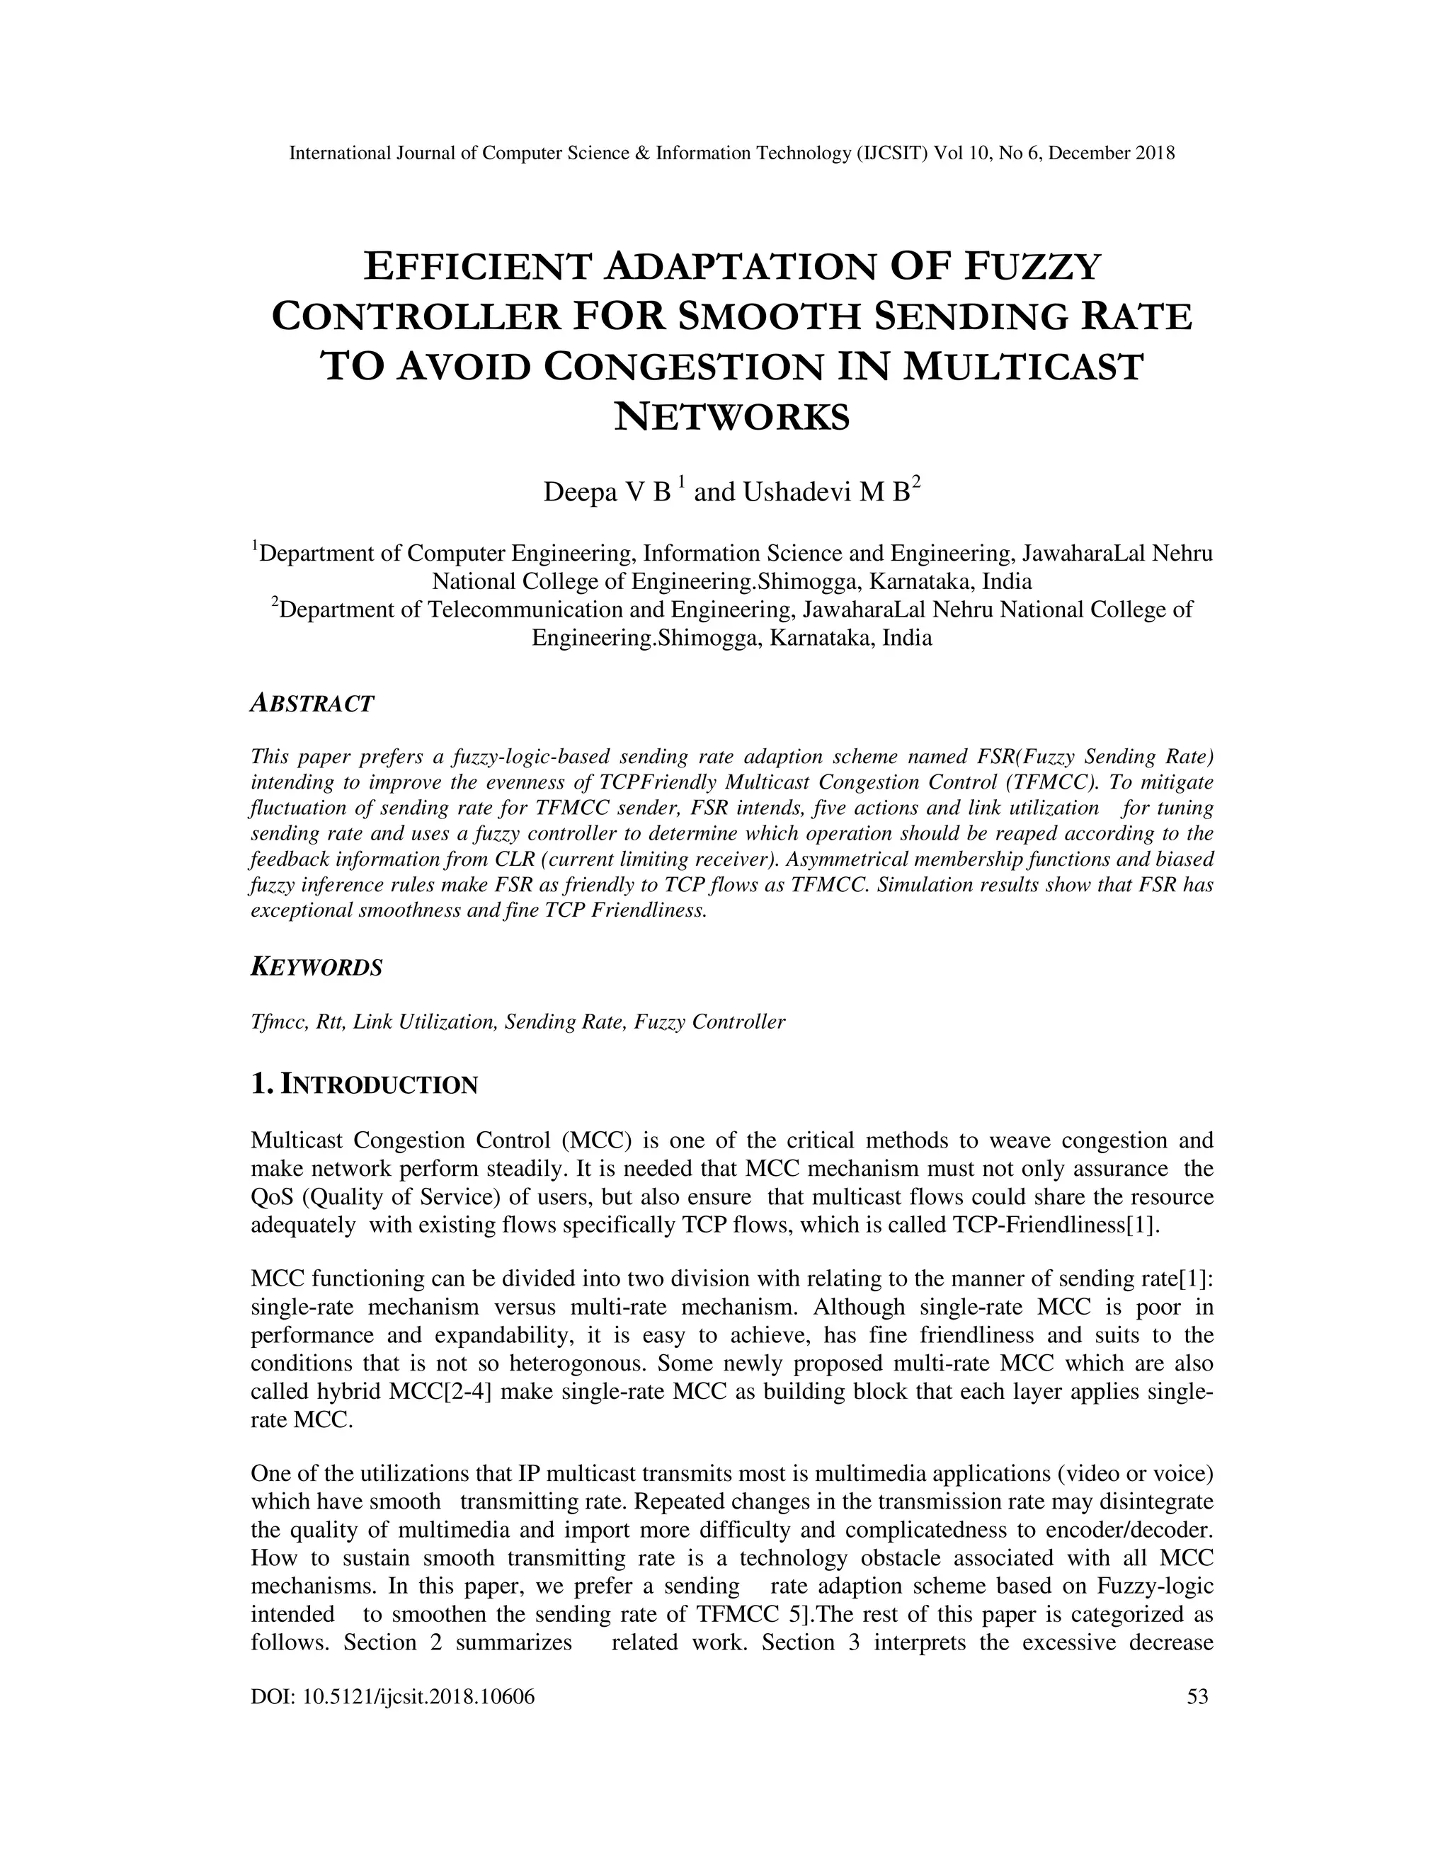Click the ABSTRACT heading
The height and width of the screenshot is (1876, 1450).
click(312, 704)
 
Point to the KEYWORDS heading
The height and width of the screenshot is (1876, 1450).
click(316, 967)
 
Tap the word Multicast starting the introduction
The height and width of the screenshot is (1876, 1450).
click(295, 1140)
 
